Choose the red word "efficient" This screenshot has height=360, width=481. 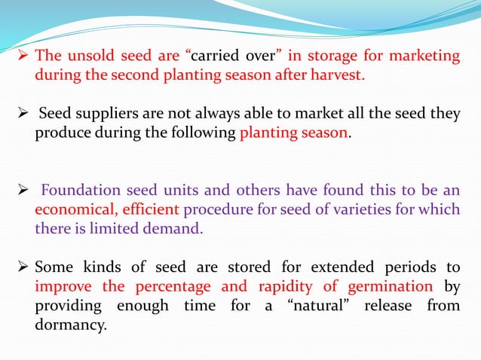pos(150,209)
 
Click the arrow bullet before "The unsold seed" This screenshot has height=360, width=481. pos(22,56)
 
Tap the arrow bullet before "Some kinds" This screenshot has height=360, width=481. pos(22,267)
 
